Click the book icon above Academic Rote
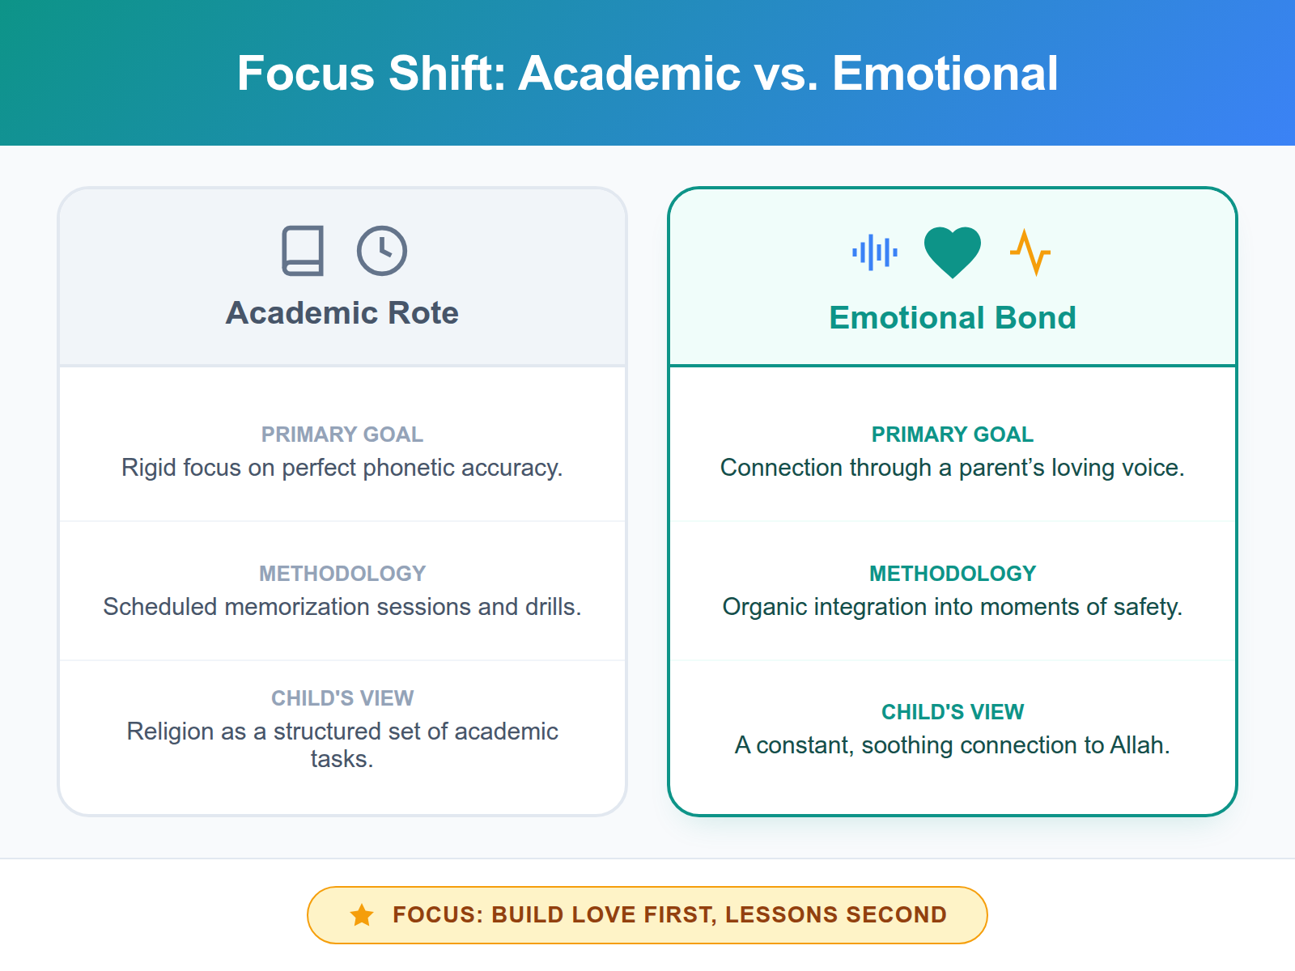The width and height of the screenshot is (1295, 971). tap(303, 251)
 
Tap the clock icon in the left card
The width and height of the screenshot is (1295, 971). tap(382, 251)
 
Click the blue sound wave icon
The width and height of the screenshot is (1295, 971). tap(875, 252)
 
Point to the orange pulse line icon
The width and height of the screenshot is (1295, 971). tap(1030, 252)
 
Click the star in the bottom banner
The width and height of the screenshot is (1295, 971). tap(362, 915)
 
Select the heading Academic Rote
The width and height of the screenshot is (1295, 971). tap(342, 313)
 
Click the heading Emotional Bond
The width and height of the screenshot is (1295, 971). tap(953, 318)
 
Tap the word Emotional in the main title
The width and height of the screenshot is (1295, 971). tap(945, 74)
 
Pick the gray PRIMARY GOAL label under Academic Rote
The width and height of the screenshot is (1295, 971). tap(342, 435)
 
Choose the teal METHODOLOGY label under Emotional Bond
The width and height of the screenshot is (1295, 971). tap(953, 574)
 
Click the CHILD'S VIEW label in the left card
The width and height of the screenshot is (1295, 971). tap(342, 698)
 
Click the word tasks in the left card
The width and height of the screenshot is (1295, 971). tap(342, 759)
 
